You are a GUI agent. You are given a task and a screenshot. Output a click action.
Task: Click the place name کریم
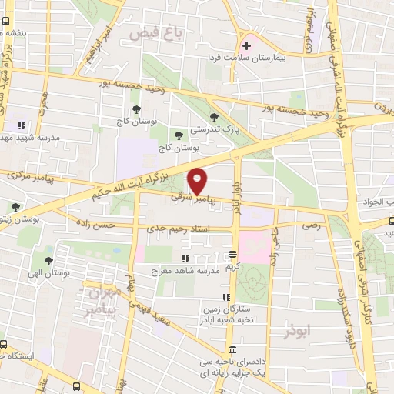click(232, 265)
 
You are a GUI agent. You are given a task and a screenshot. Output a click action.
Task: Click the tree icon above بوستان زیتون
click(16, 206)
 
